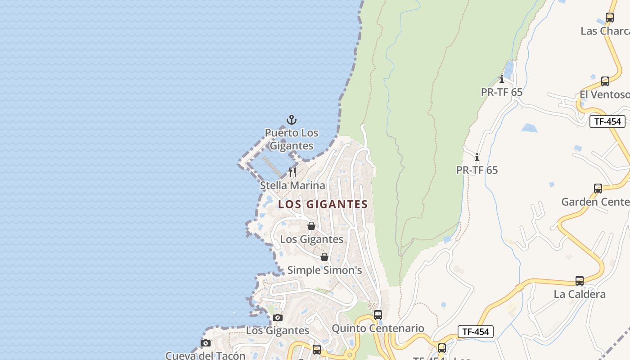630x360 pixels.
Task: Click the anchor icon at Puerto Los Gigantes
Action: (292, 120)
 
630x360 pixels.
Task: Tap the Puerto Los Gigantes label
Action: (291, 139)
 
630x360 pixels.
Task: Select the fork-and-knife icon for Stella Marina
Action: (292, 172)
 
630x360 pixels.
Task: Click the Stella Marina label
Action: (292, 185)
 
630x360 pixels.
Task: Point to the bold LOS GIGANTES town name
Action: (323, 204)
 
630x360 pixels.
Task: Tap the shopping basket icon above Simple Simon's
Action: (324, 257)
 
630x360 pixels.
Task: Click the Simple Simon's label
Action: (324, 270)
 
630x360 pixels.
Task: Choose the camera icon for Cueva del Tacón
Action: (206, 343)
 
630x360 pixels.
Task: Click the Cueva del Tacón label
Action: (206, 355)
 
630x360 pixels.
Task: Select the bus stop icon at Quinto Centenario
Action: (378, 315)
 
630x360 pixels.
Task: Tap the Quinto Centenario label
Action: (378, 328)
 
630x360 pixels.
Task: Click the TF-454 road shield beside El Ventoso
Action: (607, 121)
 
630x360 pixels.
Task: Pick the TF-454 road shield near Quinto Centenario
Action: (476, 332)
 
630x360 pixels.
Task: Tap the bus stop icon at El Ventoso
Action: (605, 81)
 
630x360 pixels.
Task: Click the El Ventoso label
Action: (604, 94)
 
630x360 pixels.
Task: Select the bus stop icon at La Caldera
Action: (580, 281)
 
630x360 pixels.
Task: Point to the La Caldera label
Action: (580, 294)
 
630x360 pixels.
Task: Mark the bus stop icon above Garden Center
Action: (598, 189)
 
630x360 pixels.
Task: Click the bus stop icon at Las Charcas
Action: (610, 18)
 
